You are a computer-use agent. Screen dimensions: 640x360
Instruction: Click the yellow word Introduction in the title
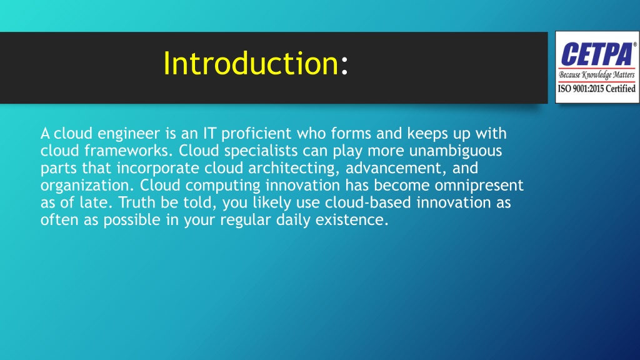click(251, 63)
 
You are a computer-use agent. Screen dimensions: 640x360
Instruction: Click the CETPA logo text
click(597, 54)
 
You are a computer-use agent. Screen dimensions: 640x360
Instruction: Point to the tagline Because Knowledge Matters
click(597, 75)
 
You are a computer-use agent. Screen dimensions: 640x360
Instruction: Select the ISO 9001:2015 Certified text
click(597, 89)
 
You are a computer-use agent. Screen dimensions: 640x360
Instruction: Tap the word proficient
click(256, 134)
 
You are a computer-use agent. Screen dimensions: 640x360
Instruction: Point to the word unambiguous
click(456, 151)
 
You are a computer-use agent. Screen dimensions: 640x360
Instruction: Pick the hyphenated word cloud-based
click(367, 202)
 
